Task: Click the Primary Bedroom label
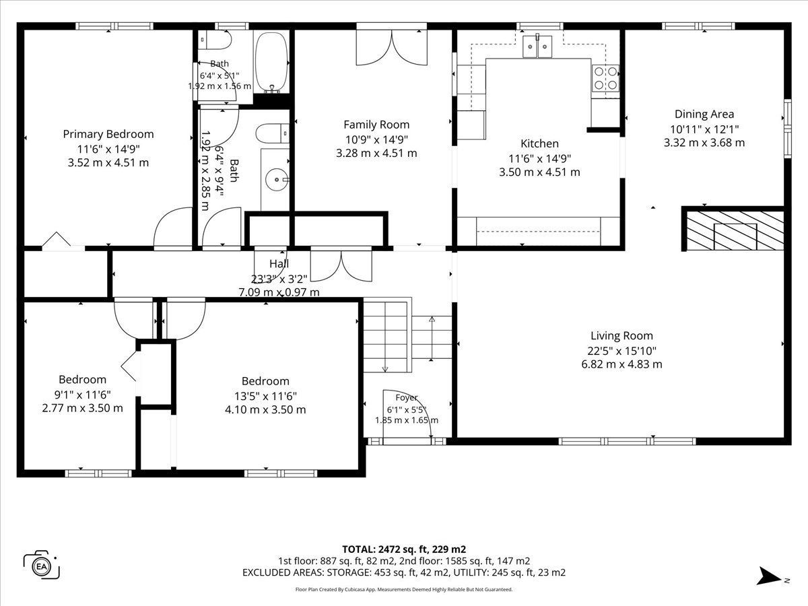click(108, 134)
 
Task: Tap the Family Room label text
click(376, 125)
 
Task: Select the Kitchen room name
click(539, 143)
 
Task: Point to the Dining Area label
click(704, 114)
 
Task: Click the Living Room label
click(621, 335)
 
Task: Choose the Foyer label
click(407, 398)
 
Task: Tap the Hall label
click(279, 263)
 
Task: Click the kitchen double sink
click(537, 46)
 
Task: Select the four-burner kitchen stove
click(605, 78)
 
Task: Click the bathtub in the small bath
click(271, 63)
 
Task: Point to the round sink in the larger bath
click(277, 180)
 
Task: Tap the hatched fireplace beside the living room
click(735, 230)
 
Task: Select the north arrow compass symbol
click(770, 576)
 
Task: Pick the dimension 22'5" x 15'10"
click(621, 351)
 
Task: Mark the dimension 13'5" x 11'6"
click(265, 397)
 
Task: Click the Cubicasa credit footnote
click(404, 589)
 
